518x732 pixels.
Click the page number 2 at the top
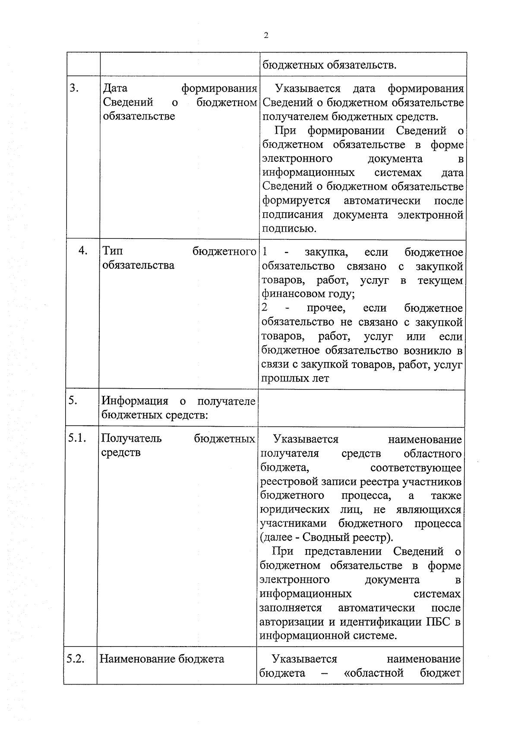[x=266, y=36]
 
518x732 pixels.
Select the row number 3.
[x=74, y=88]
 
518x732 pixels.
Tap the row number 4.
[x=83, y=251]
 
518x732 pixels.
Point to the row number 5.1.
[x=77, y=438]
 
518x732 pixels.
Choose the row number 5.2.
[x=75, y=659]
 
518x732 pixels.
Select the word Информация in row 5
[x=134, y=401]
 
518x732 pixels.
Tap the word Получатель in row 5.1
[x=131, y=438]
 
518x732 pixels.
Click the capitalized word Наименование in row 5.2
[x=133, y=659]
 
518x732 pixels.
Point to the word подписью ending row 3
[x=289, y=229]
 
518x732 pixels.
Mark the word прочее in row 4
[x=326, y=308]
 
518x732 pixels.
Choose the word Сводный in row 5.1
[x=324, y=537]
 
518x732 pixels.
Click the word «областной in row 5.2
[x=373, y=673]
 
